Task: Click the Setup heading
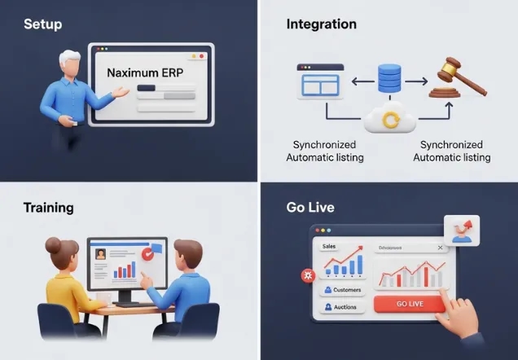point(42,24)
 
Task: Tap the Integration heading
point(321,24)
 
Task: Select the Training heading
point(48,208)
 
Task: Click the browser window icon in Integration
point(320,81)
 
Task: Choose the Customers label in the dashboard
point(345,290)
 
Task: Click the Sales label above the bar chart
point(329,245)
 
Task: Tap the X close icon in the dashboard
point(441,247)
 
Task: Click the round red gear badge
point(307,276)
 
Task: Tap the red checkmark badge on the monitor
point(147,255)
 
